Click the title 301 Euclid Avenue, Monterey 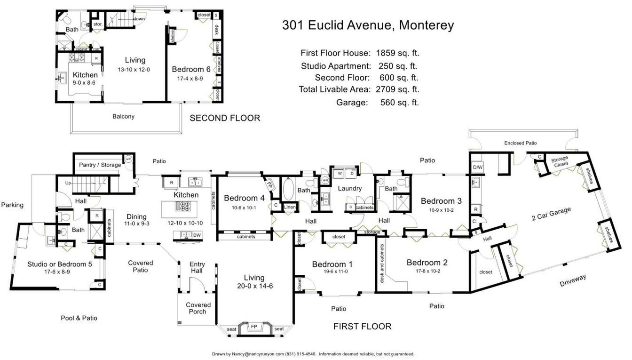[x=368, y=25]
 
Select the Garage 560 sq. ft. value [x=399, y=102]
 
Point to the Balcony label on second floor [x=123, y=116]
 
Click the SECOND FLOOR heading [x=224, y=118]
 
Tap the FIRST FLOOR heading [x=362, y=326]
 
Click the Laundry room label [x=350, y=189]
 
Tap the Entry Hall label [x=197, y=268]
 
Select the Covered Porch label [x=198, y=308]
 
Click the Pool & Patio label [x=79, y=318]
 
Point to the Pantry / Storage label [x=100, y=165]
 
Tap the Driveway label [x=573, y=281]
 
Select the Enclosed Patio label [x=520, y=143]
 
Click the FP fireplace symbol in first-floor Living [x=254, y=326]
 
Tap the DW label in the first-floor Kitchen [x=197, y=235]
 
